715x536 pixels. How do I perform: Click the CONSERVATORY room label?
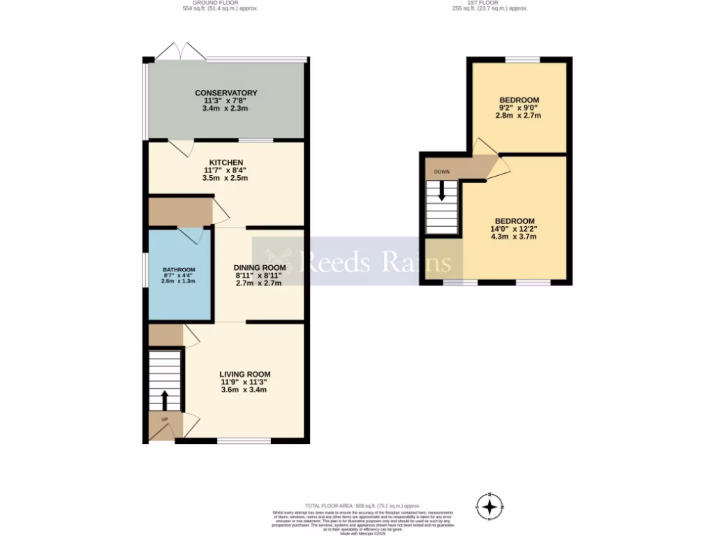pos(226,93)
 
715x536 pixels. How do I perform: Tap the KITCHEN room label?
pos(225,163)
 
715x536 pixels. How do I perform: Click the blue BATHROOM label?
pos(179,269)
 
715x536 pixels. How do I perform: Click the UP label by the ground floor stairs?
pos(165,419)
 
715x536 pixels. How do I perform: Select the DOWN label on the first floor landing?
pos(441,172)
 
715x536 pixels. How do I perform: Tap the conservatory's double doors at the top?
pos(171,51)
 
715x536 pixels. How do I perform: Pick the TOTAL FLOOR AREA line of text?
pos(362,505)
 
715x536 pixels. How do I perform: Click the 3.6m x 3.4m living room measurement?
pos(244,389)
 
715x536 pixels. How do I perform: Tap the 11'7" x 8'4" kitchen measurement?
pos(225,170)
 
